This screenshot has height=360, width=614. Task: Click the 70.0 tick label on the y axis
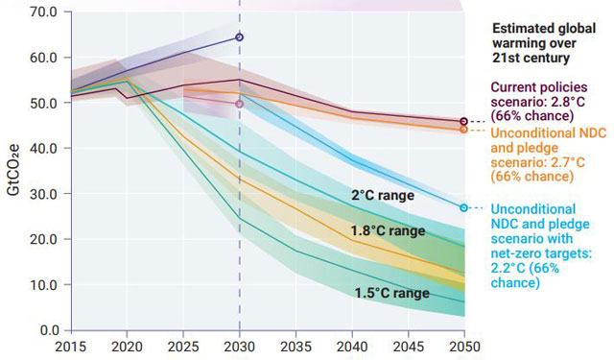(x=44, y=12)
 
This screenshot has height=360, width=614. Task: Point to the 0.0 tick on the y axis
(x=48, y=330)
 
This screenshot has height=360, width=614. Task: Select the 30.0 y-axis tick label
(x=44, y=194)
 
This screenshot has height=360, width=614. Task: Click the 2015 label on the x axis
(x=71, y=346)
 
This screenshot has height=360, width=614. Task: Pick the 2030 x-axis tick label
(x=239, y=346)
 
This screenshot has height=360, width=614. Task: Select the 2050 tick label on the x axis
(x=462, y=346)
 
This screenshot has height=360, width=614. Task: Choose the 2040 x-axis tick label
(x=351, y=346)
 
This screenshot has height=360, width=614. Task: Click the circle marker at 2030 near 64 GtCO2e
(x=239, y=37)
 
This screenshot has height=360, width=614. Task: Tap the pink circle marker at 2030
(x=239, y=103)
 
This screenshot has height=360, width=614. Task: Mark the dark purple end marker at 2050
(x=463, y=122)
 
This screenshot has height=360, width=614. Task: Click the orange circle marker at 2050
(x=463, y=129)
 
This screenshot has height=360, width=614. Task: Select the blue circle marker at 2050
(x=463, y=207)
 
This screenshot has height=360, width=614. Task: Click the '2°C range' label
(x=382, y=196)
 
